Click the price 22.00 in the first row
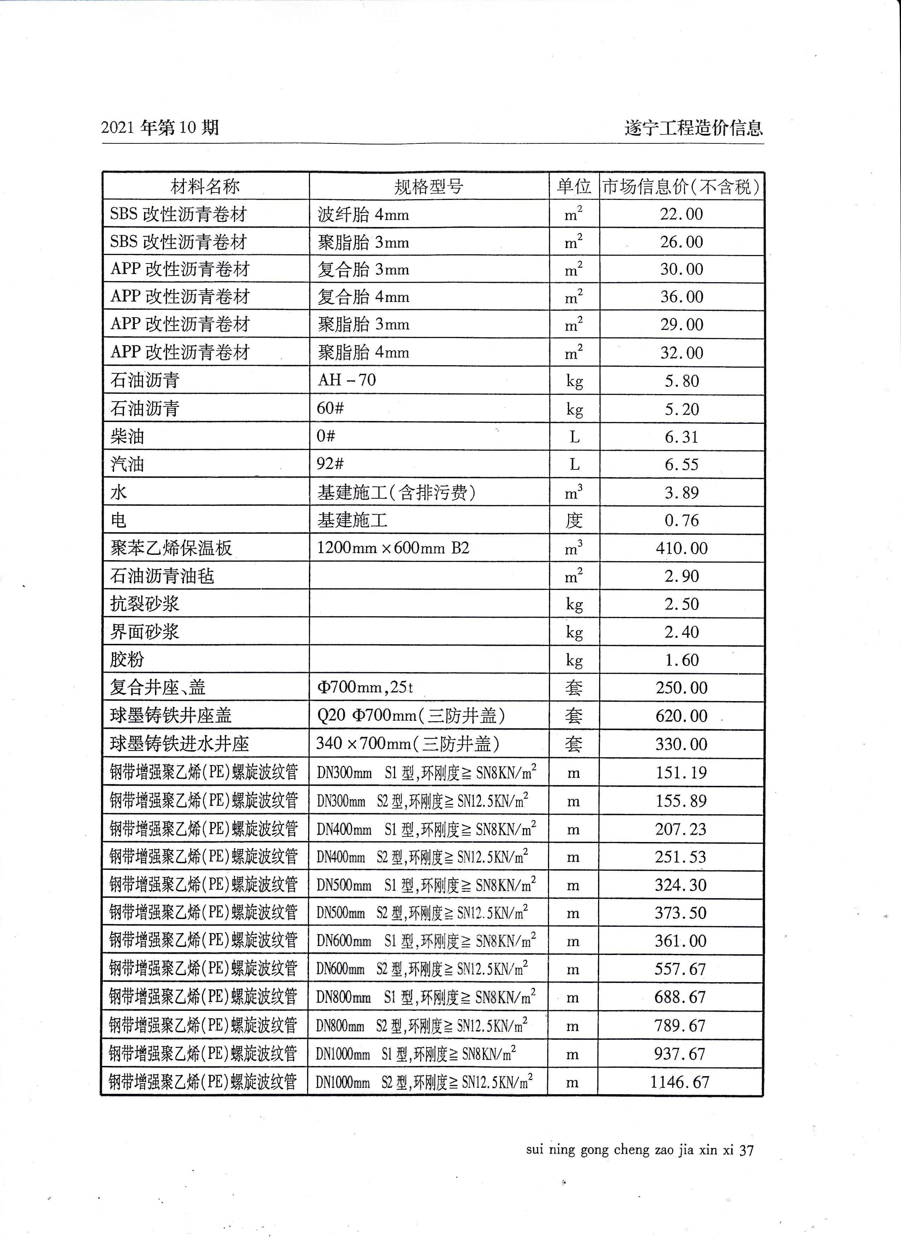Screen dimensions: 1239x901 point(681,214)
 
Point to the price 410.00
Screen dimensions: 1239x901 point(681,548)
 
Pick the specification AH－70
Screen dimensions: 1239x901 point(347,380)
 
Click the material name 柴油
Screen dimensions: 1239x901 point(127,437)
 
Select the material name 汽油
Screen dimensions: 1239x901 point(127,464)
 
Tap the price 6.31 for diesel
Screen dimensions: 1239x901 point(681,437)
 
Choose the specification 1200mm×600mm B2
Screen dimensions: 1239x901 point(393,548)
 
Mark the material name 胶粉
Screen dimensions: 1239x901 point(127,659)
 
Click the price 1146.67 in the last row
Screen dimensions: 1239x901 point(680,1082)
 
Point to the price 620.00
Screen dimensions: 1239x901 point(681,716)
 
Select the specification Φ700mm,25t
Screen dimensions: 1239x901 point(365,687)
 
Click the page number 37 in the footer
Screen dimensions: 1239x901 point(746,1150)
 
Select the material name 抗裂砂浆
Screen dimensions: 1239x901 point(145,604)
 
